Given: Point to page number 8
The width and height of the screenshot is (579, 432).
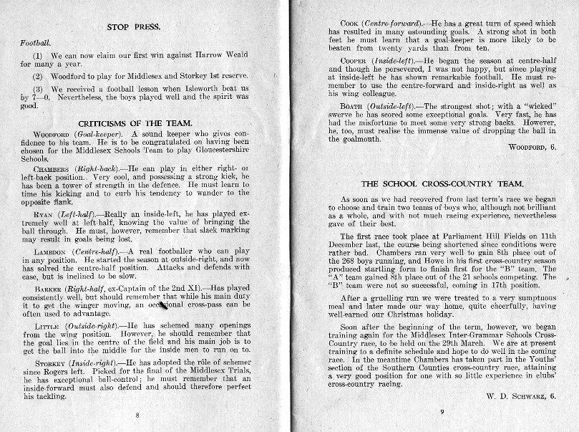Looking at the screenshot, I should coord(137,414).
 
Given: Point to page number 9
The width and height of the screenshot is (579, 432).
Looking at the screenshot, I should coord(442,411).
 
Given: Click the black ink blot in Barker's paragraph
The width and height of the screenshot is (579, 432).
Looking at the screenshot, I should coord(162,305).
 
